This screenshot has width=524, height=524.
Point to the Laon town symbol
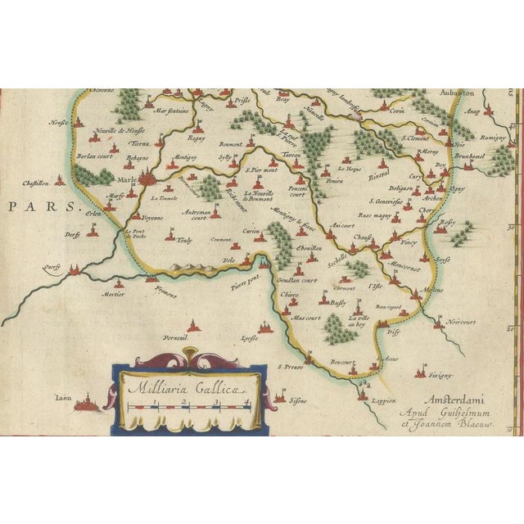(x=86, y=402)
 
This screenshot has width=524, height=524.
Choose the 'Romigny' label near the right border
(x=493, y=139)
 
